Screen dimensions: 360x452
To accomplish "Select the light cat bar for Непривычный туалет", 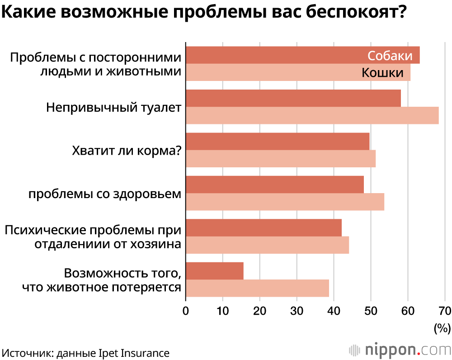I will click(312, 115).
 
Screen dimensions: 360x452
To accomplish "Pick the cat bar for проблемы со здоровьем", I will click(285, 201).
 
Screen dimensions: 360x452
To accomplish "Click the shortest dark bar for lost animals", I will click(214, 271).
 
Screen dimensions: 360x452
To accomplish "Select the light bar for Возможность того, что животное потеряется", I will click(257, 288).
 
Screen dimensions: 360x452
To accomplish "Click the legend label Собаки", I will click(390, 56).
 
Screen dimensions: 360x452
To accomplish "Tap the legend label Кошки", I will click(382, 72).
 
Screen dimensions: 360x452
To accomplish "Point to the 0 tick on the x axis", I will click(185, 311).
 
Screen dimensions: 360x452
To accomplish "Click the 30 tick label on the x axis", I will click(297, 311).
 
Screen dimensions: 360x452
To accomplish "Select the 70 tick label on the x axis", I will click(445, 311).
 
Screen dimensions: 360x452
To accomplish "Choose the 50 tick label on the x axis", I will click(371, 311).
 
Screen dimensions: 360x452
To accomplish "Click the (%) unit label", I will click(442, 328).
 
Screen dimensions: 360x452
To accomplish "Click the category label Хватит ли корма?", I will click(127, 150).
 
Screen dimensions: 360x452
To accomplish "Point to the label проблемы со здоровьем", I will click(104, 194).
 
